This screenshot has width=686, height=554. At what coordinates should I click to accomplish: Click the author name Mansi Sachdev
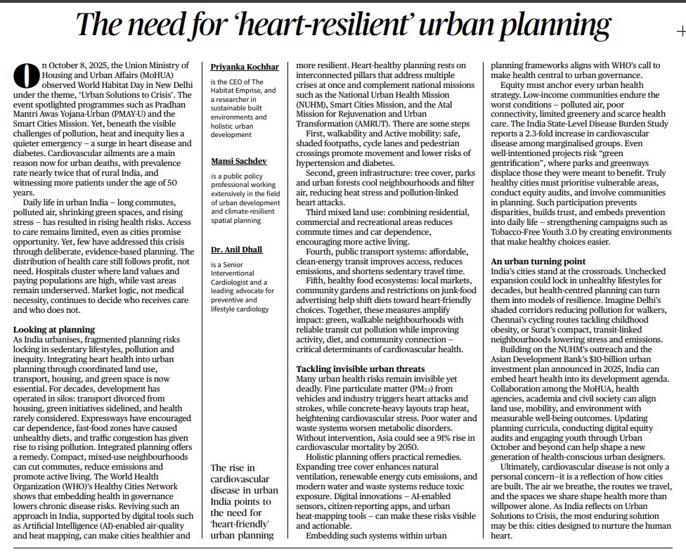coord(239,161)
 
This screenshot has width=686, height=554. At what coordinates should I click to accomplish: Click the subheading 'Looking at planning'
coord(54,329)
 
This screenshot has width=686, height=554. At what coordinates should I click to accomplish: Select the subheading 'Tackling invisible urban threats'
coord(360,368)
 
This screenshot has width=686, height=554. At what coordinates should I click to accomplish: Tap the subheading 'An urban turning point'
coord(538,262)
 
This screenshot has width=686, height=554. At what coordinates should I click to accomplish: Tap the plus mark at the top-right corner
coord(680,32)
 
